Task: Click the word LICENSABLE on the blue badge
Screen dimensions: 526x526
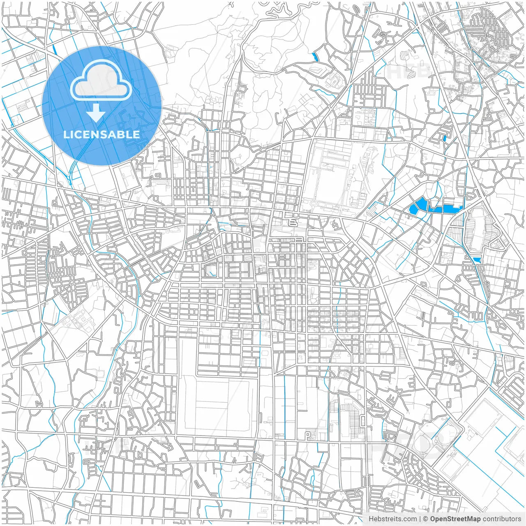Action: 102,134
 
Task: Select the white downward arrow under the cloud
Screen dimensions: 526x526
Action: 96,113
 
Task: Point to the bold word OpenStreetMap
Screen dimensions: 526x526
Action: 455,519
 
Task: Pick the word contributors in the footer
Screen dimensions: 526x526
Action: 502,519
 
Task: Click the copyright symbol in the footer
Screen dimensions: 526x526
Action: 426,519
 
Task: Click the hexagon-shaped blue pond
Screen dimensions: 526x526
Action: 420,205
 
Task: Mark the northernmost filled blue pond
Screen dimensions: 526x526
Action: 315,58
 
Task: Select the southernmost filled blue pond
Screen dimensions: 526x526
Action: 477,260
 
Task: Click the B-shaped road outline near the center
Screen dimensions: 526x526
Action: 293,222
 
